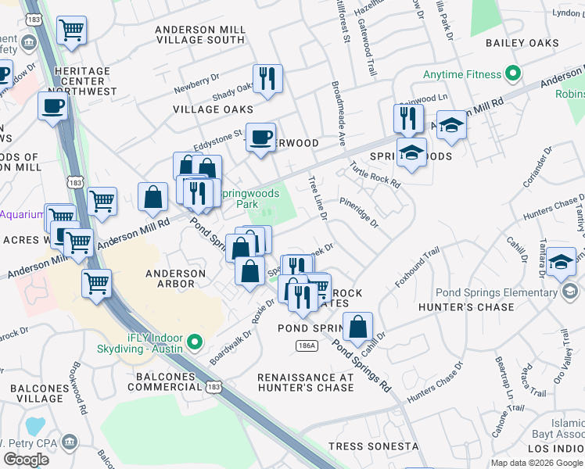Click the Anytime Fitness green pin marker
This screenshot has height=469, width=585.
(x=513, y=75)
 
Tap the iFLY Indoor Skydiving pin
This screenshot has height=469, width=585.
(x=196, y=342)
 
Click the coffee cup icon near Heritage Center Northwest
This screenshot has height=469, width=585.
(x=52, y=106)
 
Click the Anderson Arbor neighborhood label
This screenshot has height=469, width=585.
(x=175, y=279)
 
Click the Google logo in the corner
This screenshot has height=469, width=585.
(x=27, y=459)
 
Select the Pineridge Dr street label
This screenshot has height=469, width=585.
(x=359, y=212)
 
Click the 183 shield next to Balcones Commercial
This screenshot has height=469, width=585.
(x=214, y=387)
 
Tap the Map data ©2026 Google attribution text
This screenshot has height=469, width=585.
(x=537, y=463)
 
